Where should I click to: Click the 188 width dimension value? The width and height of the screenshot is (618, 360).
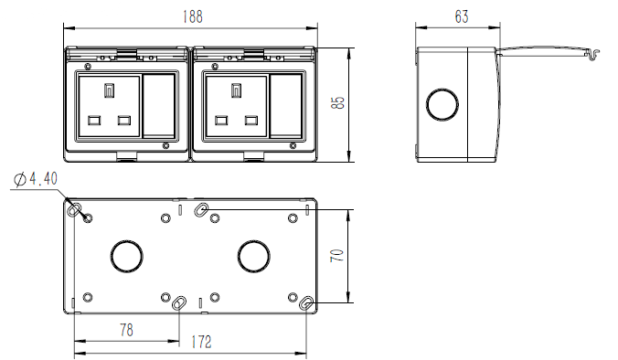pos(191,16)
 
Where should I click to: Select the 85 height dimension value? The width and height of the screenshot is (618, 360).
pos(337,102)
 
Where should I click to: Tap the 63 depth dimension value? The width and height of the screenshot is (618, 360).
pos(460,16)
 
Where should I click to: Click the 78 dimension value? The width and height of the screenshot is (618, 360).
pos(126,329)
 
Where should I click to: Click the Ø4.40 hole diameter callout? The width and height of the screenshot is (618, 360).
pos(37,180)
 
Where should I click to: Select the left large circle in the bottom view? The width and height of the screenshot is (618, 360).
pos(124,256)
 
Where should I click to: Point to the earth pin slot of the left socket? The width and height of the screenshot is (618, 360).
pos(110,90)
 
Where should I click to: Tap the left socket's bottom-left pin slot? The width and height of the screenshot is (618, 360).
pos(94,120)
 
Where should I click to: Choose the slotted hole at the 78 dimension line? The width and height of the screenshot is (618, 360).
pos(181,302)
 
